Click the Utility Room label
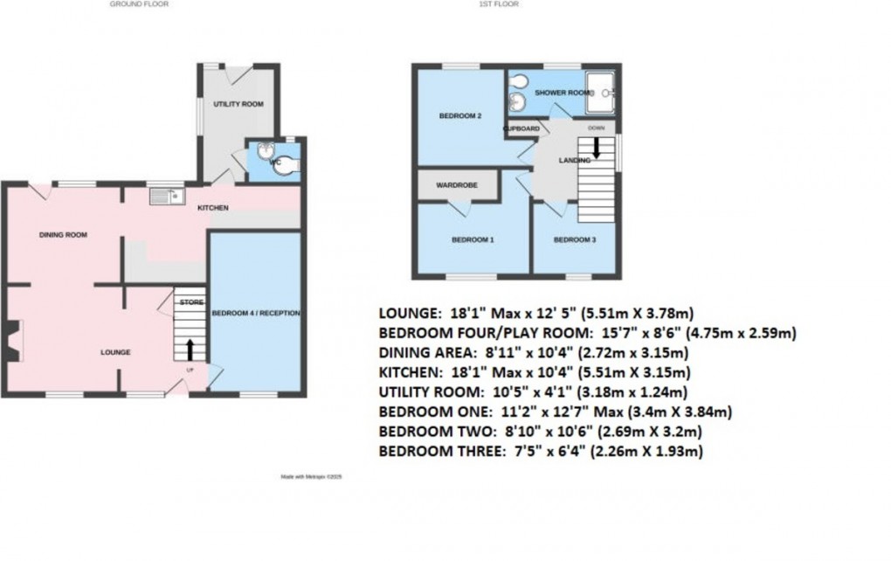pyautogui.click(x=238, y=104)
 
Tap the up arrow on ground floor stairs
pyautogui.click(x=191, y=349)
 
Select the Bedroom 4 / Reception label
pyautogui.click(x=256, y=313)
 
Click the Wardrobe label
pyautogui.click(x=457, y=184)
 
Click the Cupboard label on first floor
pyautogui.click(x=521, y=128)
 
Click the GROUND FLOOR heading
pyautogui.click(x=139, y=4)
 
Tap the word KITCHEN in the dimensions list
pyautogui.click(x=409, y=373)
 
